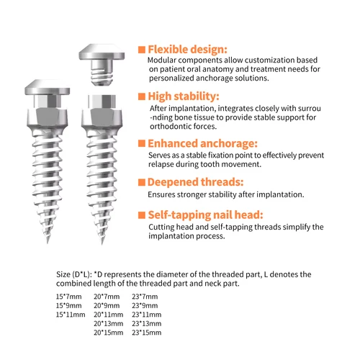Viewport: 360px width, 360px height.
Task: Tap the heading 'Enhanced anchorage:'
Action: tap(202, 143)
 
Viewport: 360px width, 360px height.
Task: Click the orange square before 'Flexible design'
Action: tap(142, 48)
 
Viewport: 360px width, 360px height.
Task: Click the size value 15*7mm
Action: tap(69, 295)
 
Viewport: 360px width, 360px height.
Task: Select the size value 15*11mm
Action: tap(71, 314)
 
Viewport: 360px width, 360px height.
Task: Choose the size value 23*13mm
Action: tap(148, 323)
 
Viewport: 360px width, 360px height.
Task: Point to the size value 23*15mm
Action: tap(148, 333)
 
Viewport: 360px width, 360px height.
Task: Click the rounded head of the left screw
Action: tap(50, 92)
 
